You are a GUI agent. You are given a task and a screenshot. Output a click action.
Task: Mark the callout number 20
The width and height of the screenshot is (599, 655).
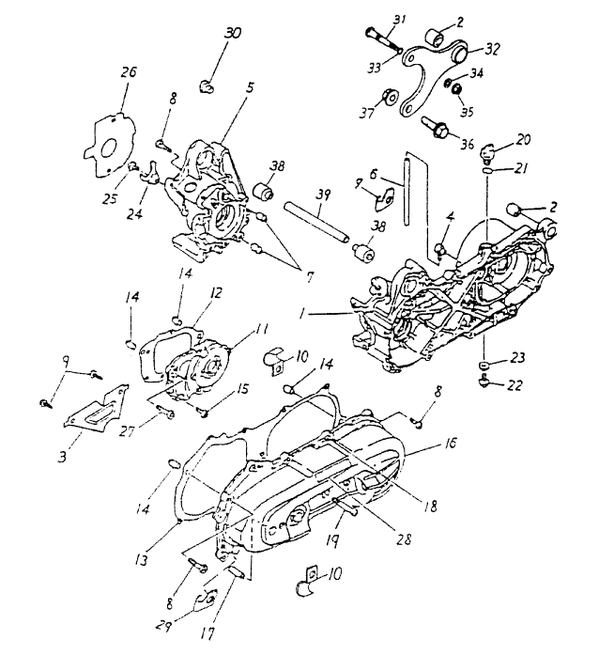pos(524,138)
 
